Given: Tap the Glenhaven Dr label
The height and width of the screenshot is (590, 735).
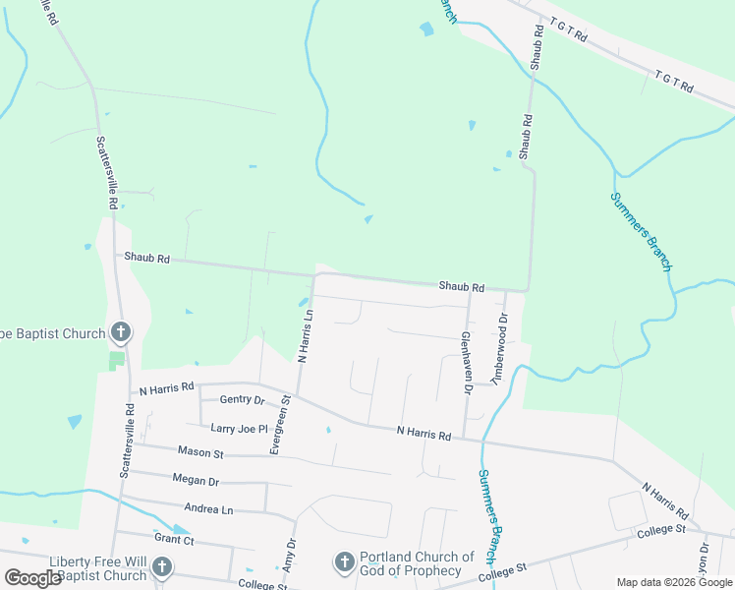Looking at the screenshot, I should [468, 362].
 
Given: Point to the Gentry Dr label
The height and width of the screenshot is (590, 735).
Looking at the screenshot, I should [243, 400].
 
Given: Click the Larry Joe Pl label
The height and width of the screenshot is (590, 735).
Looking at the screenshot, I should [239, 428].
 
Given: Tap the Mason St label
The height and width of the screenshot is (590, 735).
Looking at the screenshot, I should [201, 452].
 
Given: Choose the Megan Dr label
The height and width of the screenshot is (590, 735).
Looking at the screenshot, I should [195, 482].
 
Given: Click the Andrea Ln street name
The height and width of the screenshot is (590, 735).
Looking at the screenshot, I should [208, 509].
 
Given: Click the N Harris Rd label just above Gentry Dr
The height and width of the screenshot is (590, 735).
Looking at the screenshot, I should [167, 388].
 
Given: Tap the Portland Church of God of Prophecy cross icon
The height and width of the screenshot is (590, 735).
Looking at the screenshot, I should [344, 561].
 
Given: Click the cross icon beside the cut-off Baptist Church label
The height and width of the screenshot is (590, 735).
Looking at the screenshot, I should [120, 332].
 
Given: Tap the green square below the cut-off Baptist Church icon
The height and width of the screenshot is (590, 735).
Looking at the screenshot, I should [117, 359].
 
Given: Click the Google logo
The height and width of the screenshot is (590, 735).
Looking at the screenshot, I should [32, 578].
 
